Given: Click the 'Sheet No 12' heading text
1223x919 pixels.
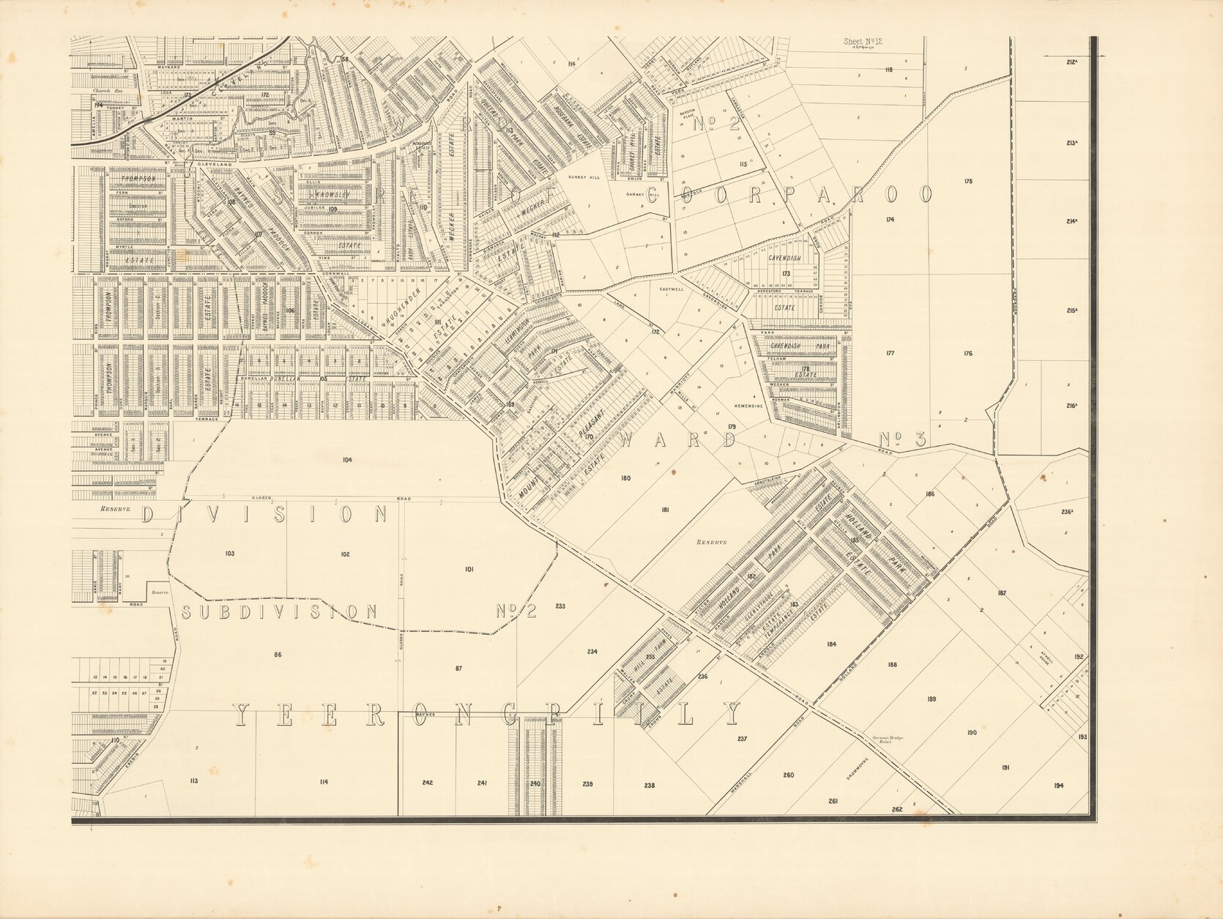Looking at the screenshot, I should [x=863, y=42].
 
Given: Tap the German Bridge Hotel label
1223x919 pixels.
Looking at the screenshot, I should [x=888, y=740].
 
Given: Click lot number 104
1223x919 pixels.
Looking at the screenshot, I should [x=346, y=460].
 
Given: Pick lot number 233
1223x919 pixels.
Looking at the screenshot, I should [x=560, y=606].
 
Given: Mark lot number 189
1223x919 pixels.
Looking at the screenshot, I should [x=931, y=699].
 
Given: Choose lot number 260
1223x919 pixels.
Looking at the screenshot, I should [x=788, y=775].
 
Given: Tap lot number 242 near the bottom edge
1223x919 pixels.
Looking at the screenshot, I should [x=427, y=783].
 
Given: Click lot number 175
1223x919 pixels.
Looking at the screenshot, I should [x=968, y=181].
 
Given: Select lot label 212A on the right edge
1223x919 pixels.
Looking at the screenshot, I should [x=1072, y=62].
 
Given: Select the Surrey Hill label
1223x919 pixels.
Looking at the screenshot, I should [x=584, y=177].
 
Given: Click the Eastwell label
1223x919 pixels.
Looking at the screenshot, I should [x=672, y=289].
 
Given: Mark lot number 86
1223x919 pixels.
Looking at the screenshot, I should [x=277, y=655].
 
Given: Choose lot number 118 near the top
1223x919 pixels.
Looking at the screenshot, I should [x=888, y=70].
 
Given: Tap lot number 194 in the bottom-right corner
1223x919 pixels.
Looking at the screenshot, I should [x=1059, y=786].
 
